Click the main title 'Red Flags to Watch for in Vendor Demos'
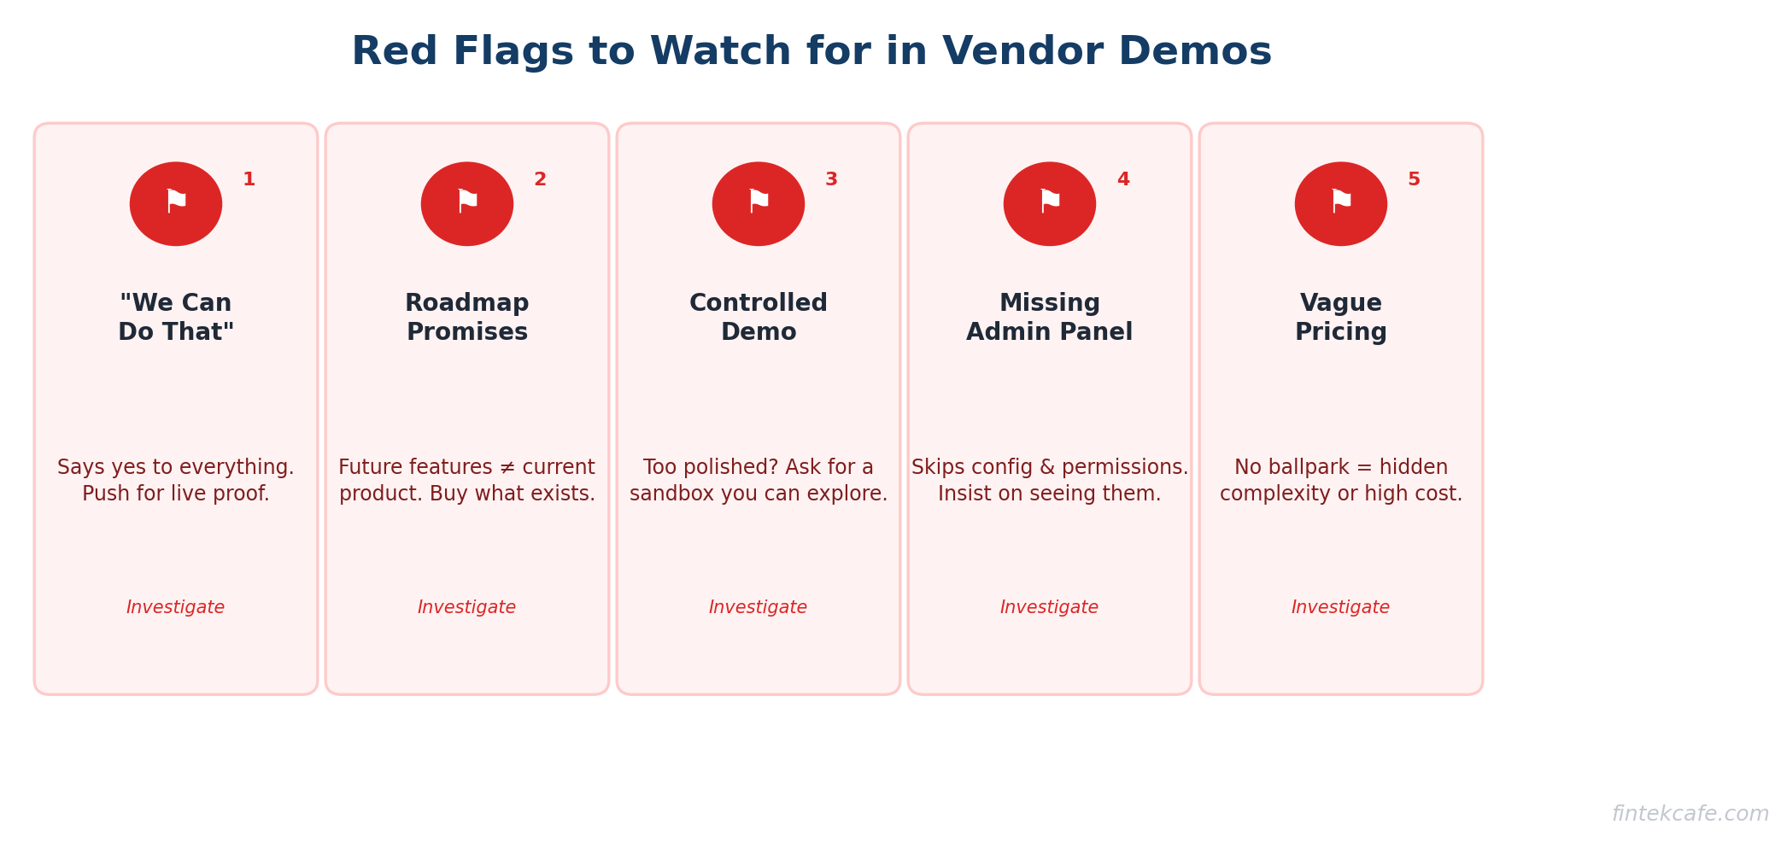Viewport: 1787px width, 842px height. pyautogui.click(x=811, y=52)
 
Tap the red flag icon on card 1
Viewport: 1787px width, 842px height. pyautogui.click(x=176, y=204)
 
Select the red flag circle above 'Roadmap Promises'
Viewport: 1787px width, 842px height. pyautogui.click(x=467, y=204)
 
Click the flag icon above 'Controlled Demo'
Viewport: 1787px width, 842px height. pyautogui.click(x=759, y=204)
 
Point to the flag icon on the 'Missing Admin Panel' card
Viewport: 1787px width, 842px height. pyautogui.click(x=1050, y=204)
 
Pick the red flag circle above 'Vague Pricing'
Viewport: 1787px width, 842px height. pyautogui.click(x=1341, y=204)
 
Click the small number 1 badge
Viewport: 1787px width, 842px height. pyautogui.click(x=249, y=180)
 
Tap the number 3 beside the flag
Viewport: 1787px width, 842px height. pyautogui.click(x=831, y=180)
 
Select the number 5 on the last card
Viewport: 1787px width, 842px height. pyautogui.click(x=1414, y=180)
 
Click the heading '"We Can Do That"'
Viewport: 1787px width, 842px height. pyautogui.click(x=176, y=318)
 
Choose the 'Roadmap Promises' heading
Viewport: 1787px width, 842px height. pyautogui.click(x=467, y=318)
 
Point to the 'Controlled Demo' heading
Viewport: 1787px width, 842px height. pyautogui.click(x=759, y=318)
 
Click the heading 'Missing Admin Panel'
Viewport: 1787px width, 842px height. pyautogui.click(x=1050, y=318)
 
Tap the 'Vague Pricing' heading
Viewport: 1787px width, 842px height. pyautogui.click(x=1341, y=318)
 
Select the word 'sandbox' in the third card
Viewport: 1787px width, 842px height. pyautogui.click(x=666, y=494)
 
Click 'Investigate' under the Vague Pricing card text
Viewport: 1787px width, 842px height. pyautogui.click(x=1341, y=608)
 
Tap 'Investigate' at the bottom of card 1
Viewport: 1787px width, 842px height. pyautogui.click(x=176, y=608)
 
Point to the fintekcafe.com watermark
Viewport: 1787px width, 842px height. pyautogui.click(x=1690, y=815)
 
